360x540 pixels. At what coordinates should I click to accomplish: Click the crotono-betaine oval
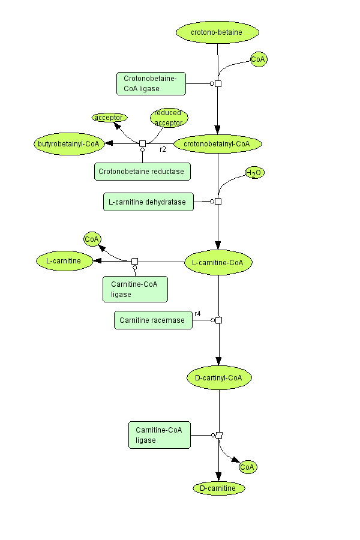click(x=217, y=32)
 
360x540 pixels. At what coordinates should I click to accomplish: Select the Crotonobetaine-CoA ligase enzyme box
click(x=151, y=83)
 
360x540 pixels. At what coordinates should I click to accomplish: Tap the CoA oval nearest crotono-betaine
click(x=259, y=59)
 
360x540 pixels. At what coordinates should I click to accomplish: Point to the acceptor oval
click(x=109, y=118)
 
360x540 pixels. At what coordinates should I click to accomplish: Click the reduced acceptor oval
click(x=169, y=118)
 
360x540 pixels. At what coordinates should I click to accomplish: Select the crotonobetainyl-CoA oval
click(x=218, y=143)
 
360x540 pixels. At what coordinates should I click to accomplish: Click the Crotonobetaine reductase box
click(x=142, y=171)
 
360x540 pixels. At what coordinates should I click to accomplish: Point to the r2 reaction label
click(x=163, y=149)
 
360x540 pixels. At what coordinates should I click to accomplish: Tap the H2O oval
click(x=254, y=173)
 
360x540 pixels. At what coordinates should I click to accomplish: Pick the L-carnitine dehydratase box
click(x=149, y=202)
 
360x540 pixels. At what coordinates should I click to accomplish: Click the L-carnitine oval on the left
click(x=64, y=261)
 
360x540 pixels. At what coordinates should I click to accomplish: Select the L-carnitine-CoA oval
click(x=218, y=263)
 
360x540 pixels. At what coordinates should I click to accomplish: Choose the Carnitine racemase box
click(x=153, y=320)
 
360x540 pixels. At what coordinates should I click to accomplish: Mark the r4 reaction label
click(x=197, y=313)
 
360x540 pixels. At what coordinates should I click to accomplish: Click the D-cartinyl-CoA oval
click(x=219, y=377)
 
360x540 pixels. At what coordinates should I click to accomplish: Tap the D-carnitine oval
click(x=219, y=488)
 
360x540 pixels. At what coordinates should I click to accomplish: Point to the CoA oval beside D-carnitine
click(x=248, y=467)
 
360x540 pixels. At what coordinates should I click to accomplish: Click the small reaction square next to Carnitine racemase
click(x=219, y=320)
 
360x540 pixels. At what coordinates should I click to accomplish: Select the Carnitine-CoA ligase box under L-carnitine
click(x=135, y=289)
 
